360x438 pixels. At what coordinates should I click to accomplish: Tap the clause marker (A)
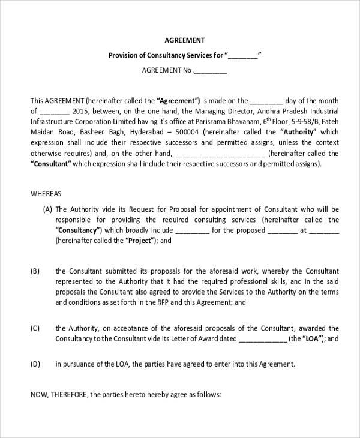tap(47, 209)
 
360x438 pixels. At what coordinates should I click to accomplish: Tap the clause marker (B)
tap(35, 271)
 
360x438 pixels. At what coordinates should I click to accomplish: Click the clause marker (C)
tap(35, 328)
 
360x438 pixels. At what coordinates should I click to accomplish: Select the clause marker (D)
tap(35, 364)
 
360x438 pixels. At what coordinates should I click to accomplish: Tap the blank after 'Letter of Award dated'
tap(263, 339)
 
